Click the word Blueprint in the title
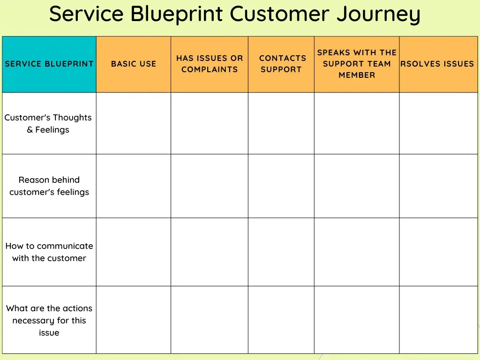click(176, 14)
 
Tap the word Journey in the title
click(378, 14)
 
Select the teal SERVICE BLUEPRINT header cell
click(49, 64)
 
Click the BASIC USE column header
click(134, 64)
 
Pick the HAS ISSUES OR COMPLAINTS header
click(210, 64)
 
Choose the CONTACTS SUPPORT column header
click(281, 64)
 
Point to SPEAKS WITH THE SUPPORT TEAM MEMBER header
click(357, 64)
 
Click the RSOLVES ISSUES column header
click(438, 64)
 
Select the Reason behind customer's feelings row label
click(49, 186)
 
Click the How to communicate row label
click(49, 252)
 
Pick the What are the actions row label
click(49, 321)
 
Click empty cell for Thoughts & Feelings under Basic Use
click(134, 124)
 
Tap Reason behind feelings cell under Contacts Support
click(281, 186)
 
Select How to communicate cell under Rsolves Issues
click(438, 252)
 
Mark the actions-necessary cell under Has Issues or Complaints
click(210, 320)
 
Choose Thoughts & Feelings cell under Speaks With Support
click(357, 124)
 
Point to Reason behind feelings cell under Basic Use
click(134, 186)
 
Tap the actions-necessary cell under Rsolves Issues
click(438, 320)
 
